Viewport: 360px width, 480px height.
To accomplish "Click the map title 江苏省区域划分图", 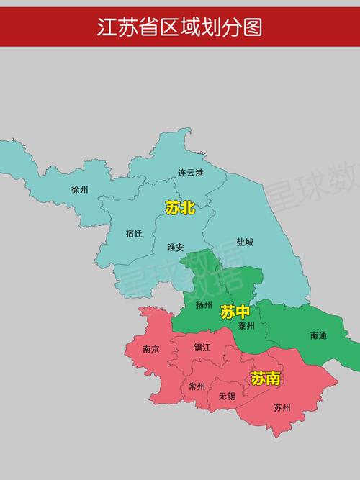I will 180,27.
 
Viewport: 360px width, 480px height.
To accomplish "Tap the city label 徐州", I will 79,190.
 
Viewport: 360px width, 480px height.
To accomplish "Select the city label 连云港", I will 191,173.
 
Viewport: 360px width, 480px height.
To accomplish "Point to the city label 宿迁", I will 134,233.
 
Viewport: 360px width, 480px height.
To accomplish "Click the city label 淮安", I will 176,247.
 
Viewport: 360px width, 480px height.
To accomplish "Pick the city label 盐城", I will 245,242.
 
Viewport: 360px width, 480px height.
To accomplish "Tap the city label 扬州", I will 204,304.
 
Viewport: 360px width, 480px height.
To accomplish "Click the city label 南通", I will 318,335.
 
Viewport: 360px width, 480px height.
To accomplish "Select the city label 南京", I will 151,349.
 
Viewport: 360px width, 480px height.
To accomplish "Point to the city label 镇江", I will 202,347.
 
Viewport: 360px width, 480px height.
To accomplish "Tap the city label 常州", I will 197,386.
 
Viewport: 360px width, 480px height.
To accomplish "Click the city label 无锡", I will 227,396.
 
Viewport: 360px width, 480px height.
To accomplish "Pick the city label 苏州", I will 282,407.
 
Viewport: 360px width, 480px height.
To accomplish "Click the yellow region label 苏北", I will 180,208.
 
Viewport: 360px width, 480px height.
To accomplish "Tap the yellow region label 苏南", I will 265,378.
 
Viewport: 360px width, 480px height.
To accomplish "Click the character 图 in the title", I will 252,27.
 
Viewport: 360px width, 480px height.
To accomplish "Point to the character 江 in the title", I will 108,27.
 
